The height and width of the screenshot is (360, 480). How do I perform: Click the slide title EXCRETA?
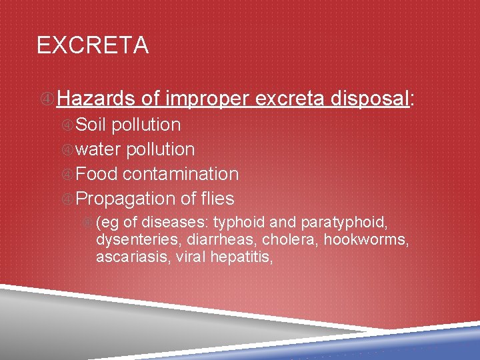pos(93,45)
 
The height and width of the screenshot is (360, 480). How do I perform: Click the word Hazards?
pos(97,99)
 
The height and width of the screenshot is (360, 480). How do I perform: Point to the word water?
pos(99,149)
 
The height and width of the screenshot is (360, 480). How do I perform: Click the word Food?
pos(97,174)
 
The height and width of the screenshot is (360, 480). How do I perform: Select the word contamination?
pos(181,174)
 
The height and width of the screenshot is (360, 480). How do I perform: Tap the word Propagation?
pos(125,199)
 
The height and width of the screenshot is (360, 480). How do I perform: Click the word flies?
pos(216,199)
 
